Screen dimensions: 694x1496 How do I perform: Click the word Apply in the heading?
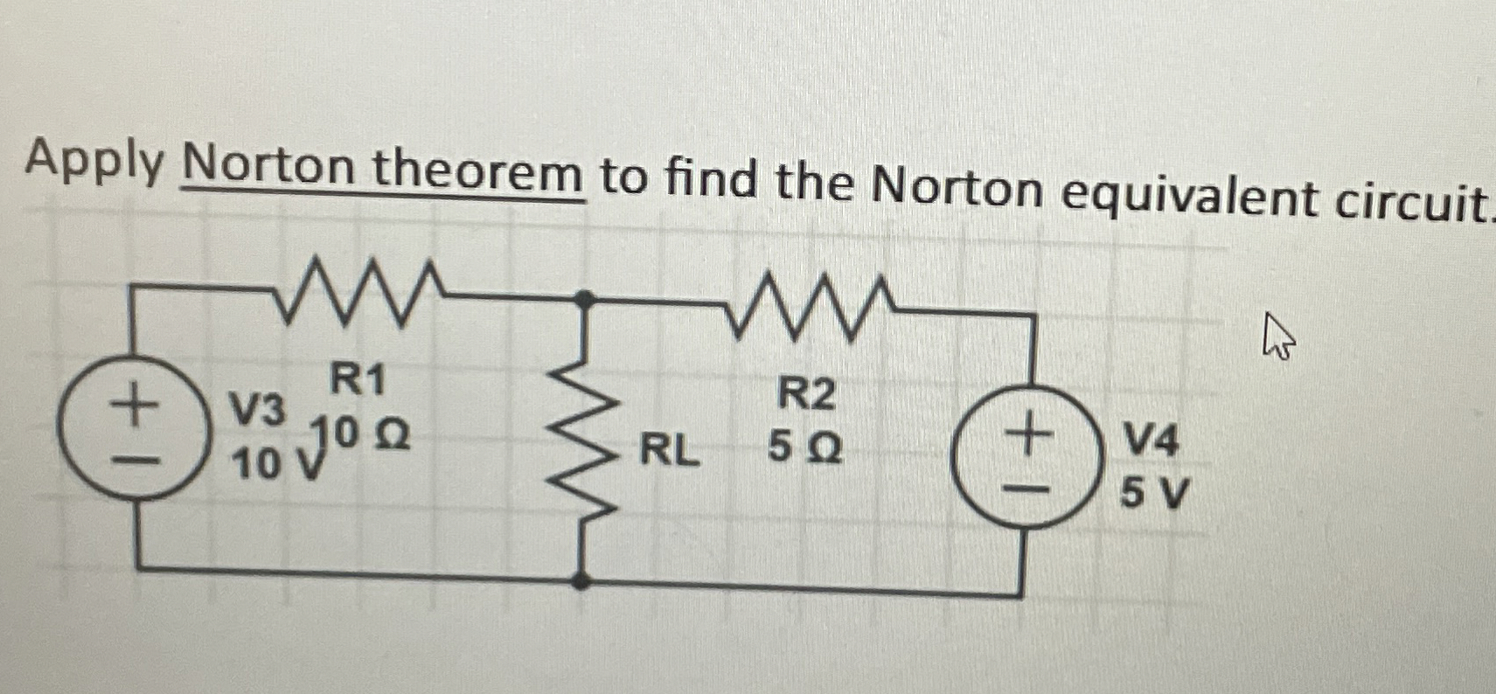(x=94, y=163)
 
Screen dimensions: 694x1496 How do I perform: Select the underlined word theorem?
(x=478, y=171)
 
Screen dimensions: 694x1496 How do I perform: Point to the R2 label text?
(x=806, y=395)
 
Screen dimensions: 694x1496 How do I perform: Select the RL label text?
(x=670, y=451)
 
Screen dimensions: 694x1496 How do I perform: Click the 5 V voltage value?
(x=1154, y=496)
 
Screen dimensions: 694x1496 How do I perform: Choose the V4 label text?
(x=1151, y=441)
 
